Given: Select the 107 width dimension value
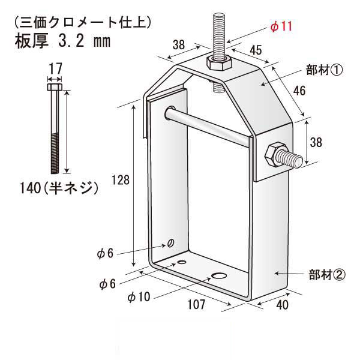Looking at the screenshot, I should point(196,305).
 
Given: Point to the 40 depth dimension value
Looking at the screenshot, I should point(283,305).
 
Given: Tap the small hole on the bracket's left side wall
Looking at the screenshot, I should point(172,243).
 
